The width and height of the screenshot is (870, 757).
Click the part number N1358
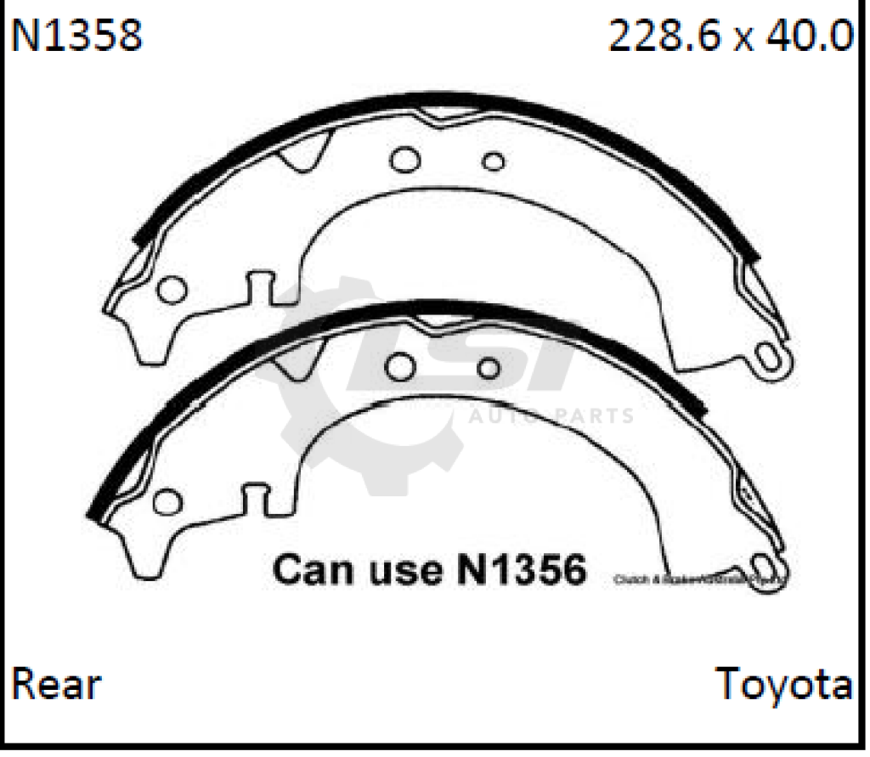tap(76, 36)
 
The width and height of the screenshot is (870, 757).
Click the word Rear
tap(56, 685)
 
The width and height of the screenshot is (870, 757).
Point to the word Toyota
tap(783, 685)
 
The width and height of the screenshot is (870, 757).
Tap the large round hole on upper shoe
tap(405, 159)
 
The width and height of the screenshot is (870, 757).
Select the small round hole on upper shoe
tap(493, 161)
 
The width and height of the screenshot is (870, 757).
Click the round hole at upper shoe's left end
tap(172, 290)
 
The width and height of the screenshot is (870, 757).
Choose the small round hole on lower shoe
tap(489, 368)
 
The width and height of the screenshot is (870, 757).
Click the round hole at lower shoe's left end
tap(168, 502)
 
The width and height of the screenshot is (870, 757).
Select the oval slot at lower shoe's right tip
tap(766, 567)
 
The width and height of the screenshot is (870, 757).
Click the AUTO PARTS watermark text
tap(551, 416)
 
